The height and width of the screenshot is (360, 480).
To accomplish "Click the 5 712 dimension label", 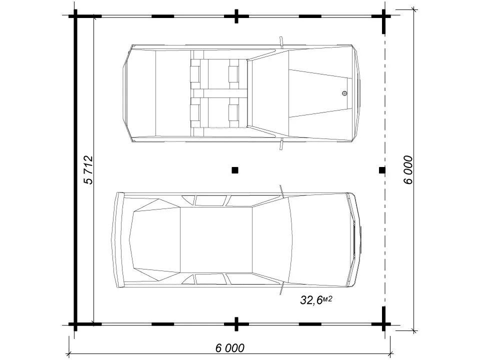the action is [88, 170].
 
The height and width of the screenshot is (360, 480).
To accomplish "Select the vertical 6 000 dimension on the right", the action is [408, 170].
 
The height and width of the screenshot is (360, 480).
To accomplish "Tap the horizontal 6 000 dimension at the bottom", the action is [230, 348].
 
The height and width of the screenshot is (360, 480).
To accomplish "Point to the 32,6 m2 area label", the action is [316, 300].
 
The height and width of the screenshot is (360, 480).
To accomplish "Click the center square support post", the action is [235, 170].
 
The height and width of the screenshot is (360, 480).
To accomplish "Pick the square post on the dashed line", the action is [382, 170].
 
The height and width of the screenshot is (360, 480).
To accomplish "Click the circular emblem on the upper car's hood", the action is [344, 93].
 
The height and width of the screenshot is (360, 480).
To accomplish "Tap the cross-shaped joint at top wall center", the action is [236, 16].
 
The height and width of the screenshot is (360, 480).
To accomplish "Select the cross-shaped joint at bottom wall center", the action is [236, 324].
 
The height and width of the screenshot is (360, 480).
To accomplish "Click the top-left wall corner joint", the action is [75, 16].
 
